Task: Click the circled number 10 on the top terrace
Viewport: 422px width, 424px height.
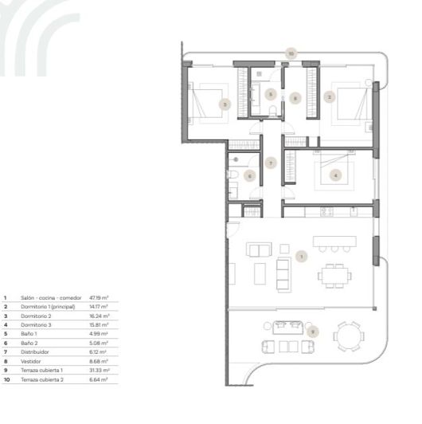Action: point(291,53)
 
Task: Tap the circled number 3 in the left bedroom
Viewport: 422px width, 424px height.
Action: point(225,104)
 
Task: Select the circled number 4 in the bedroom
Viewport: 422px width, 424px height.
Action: point(336,175)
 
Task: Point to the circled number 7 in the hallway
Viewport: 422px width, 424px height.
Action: point(272,163)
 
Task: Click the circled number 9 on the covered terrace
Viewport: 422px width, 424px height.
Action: point(312,330)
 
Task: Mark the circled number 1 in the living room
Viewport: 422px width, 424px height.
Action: point(301,256)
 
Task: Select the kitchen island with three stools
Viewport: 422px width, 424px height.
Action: point(334,241)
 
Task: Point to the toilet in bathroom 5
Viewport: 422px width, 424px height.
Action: point(272,113)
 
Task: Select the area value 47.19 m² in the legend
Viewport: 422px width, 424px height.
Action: point(99,297)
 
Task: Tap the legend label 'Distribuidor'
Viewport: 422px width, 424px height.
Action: point(33,351)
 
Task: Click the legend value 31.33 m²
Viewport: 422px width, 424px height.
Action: point(99,369)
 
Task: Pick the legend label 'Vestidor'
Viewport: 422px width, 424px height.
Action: point(30,360)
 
